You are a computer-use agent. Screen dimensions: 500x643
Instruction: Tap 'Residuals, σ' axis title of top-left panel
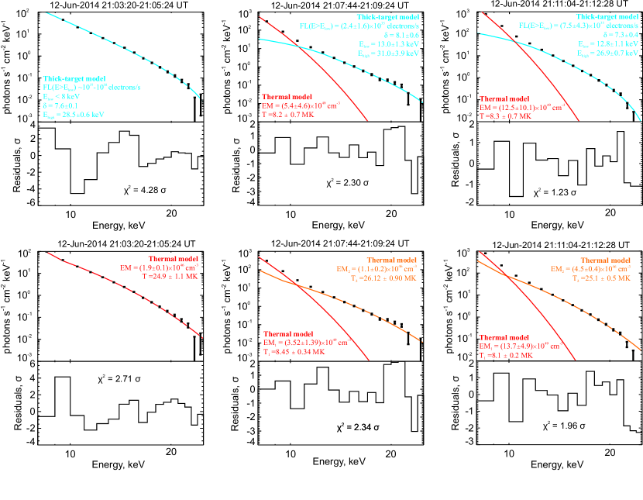[x=12, y=165]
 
